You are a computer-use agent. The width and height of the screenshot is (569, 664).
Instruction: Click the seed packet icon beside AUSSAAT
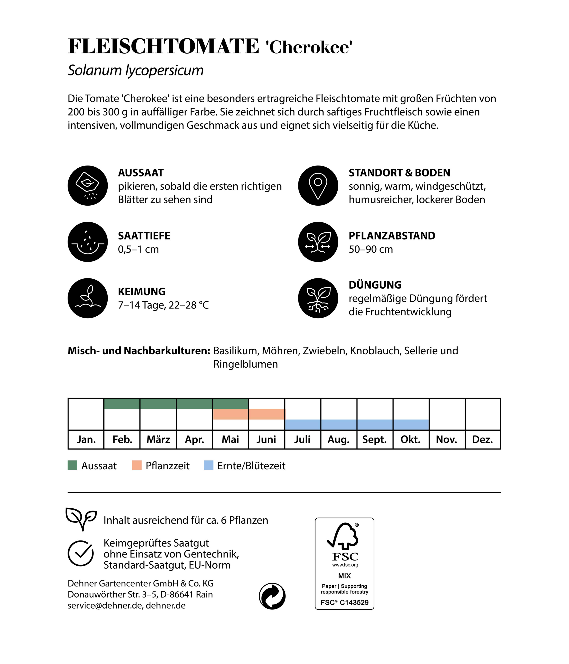(87, 186)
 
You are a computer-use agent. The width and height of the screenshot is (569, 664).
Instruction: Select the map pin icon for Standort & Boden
(318, 186)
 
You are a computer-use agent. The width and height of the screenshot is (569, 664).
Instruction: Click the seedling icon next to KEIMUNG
(87, 298)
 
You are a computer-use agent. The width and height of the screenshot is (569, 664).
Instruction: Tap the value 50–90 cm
(371, 249)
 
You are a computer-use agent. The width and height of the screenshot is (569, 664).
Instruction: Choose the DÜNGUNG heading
(375, 285)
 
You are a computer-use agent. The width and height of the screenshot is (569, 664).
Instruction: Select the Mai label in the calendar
(230, 439)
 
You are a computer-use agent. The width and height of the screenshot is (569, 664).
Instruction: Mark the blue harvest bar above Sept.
(375, 425)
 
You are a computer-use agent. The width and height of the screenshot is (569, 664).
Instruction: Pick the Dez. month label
(482, 439)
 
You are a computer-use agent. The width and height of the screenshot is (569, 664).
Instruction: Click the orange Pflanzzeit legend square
(137, 465)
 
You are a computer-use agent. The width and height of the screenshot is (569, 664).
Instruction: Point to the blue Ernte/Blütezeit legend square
(209, 465)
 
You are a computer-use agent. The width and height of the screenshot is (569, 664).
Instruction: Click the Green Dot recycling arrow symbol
(272, 596)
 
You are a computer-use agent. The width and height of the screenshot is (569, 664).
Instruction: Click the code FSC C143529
(344, 602)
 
